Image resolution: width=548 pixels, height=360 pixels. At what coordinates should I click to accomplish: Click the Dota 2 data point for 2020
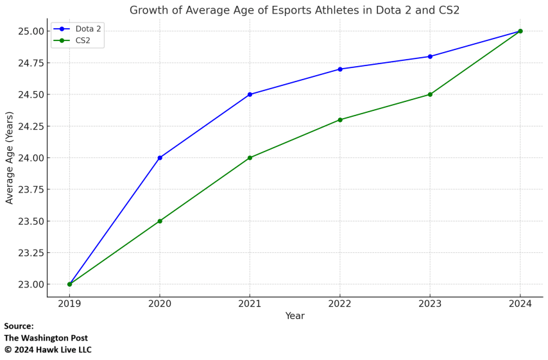tap(160, 158)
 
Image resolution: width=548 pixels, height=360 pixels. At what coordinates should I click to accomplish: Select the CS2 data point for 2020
tap(160, 221)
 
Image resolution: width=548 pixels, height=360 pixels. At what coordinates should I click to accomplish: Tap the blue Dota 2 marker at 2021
tap(250, 94)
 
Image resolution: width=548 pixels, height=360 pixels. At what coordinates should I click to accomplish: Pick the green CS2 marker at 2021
tap(250, 158)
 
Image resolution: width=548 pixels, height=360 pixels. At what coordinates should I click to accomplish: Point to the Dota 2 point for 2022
tap(340, 69)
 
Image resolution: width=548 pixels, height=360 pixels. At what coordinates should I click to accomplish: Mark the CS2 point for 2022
tap(340, 120)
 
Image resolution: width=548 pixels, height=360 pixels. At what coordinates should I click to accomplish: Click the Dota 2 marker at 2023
tap(430, 56)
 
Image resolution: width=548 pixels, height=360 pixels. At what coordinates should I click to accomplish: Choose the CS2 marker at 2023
tap(430, 94)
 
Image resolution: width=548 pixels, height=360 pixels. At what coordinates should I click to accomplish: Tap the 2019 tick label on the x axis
tap(69, 304)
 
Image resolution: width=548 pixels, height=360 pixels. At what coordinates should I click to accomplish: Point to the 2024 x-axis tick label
tap(520, 304)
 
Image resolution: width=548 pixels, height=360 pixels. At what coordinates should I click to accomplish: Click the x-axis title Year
tap(295, 316)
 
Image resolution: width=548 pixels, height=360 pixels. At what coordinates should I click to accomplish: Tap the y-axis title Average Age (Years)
tap(10, 158)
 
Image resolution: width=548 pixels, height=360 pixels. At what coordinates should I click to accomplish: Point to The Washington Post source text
tap(46, 338)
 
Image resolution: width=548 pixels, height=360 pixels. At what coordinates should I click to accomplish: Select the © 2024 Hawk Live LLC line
tap(48, 350)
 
